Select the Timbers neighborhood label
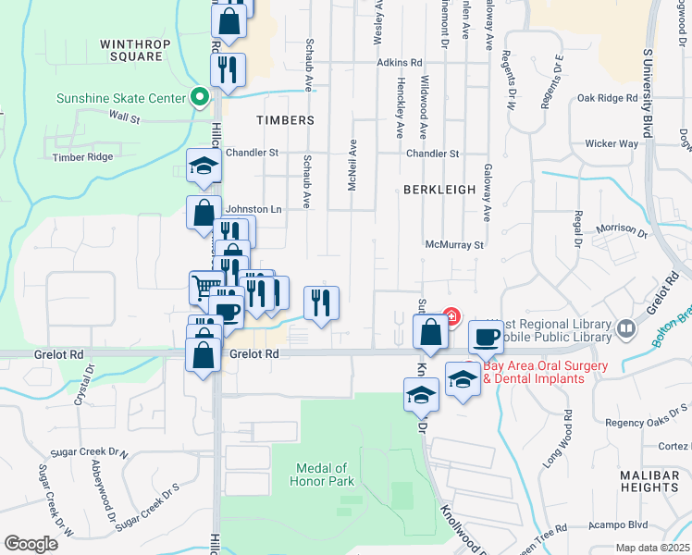tap(286, 120)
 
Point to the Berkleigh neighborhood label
tap(439, 189)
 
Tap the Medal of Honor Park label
tap(325, 475)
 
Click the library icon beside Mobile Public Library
tap(626, 328)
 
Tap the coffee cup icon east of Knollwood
tap(485, 337)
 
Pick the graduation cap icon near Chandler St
tap(204, 166)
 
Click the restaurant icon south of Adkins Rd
tap(227, 68)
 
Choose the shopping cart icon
tap(204, 286)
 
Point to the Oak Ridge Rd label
tap(607, 97)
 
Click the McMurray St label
tap(455, 245)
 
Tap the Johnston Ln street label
tap(253, 209)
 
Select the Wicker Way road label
tap(612, 143)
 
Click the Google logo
tap(31, 544)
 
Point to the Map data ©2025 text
tap(651, 548)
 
